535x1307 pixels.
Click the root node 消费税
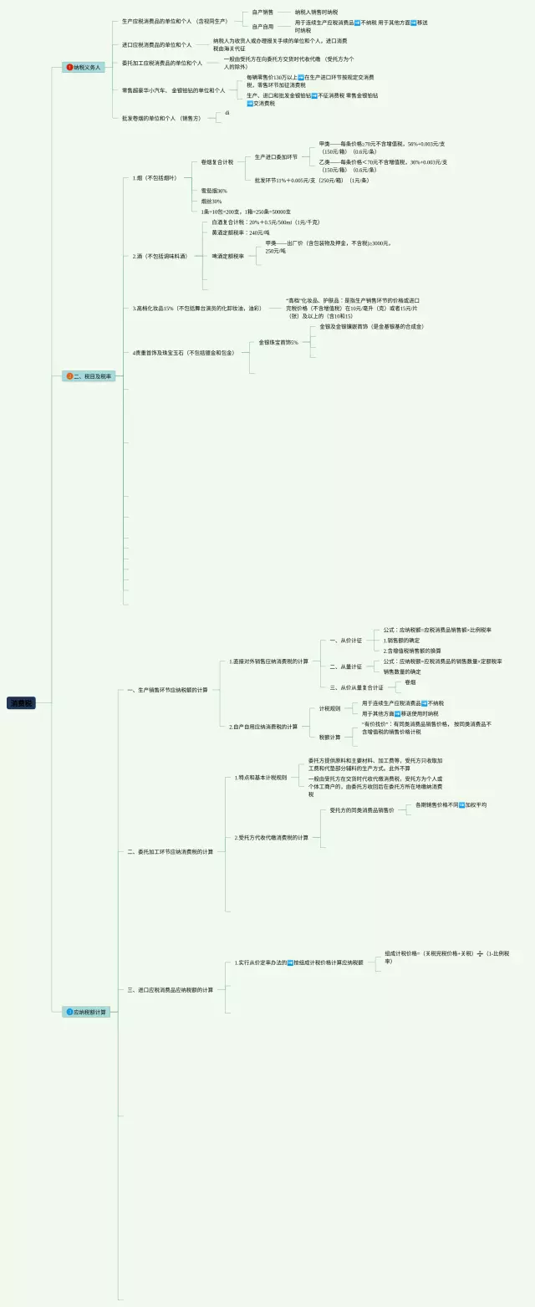click(x=22, y=703)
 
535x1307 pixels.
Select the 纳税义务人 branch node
click(x=84, y=67)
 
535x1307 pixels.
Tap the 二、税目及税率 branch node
click(x=87, y=376)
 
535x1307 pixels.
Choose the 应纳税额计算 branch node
click(x=87, y=1012)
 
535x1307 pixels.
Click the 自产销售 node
click(x=262, y=13)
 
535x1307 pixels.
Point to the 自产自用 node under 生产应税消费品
click(x=262, y=27)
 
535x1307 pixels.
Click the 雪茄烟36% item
click(x=214, y=191)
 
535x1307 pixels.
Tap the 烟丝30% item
click(x=211, y=202)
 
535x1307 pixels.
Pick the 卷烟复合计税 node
click(x=217, y=162)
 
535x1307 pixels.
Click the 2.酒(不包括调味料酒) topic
click(x=160, y=256)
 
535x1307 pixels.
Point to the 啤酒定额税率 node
click(x=228, y=256)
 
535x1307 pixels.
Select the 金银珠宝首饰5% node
click(x=278, y=342)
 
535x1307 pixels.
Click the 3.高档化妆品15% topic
click(x=196, y=309)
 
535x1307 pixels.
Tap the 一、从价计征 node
click(x=346, y=641)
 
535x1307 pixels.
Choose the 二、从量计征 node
click(x=346, y=666)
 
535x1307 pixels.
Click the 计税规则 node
click(x=330, y=708)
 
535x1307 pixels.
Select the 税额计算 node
click(x=330, y=737)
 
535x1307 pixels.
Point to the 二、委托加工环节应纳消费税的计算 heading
click(x=170, y=851)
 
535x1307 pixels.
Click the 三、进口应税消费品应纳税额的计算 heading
click(x=170, y=989)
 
